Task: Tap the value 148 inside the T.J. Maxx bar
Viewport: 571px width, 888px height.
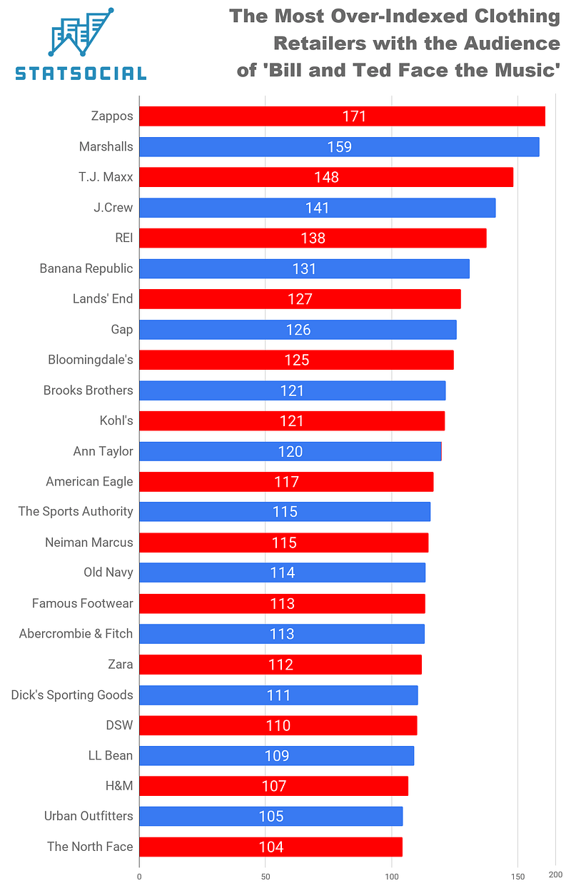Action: coord(326,177)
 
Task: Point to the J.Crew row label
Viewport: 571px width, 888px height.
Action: coord(113,208)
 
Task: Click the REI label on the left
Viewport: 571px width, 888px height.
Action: coord(123,238)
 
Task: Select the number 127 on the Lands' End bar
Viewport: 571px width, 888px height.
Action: coord(300,299)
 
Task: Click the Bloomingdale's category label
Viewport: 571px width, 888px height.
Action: coord(90,360)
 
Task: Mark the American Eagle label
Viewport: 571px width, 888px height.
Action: coord(89,482)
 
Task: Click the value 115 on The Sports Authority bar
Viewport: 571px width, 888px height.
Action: coord(285,512)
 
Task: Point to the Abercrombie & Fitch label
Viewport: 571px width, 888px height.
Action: coord(76,634)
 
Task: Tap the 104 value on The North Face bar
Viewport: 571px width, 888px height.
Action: coord(271,847)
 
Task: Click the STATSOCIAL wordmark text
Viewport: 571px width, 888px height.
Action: coord(81,73)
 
